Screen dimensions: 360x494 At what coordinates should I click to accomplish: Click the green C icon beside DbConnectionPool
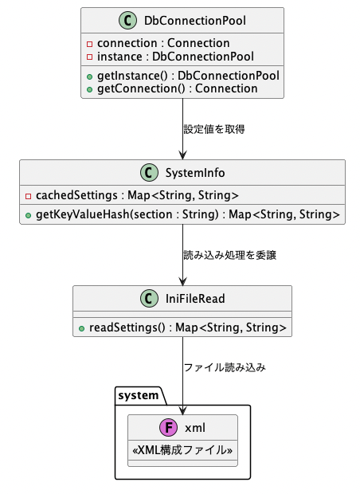click(127, 21)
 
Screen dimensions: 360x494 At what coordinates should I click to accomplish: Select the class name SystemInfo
click(195, 173)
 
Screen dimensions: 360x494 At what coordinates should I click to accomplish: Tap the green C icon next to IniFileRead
click(149, 298)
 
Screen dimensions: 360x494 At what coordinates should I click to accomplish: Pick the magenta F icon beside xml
click(169, 428)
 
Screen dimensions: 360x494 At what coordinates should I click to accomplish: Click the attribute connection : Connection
click(163, 43)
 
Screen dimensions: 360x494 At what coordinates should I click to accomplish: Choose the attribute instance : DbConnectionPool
click(175, 57)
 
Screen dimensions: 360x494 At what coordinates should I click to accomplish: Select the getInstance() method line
click(188, 76)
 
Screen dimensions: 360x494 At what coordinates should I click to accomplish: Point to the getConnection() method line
click(178, 88)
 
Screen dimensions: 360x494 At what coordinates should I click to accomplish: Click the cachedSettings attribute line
click(137, 195)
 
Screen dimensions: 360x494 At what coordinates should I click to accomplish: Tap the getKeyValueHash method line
click(188, 214)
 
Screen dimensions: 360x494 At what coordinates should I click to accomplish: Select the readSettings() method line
click(188, 327)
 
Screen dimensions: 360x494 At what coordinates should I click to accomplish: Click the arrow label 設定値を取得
click(214, 129)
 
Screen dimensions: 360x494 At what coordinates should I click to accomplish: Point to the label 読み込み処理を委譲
click(229, 255)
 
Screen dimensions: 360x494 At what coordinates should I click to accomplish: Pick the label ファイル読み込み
click(225, 367)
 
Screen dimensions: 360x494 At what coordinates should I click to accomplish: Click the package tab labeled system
click(139, 395)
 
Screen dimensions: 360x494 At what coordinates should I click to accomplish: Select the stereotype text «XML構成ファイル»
click(182, 450)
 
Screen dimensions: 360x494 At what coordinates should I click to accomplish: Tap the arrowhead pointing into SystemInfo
click(182, 155)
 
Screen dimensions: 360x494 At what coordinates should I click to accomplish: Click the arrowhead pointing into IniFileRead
click(182, 281)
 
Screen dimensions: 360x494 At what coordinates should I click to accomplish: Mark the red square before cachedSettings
click(28, 196)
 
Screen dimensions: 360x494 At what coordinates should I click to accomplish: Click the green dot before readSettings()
click(81, 328)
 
